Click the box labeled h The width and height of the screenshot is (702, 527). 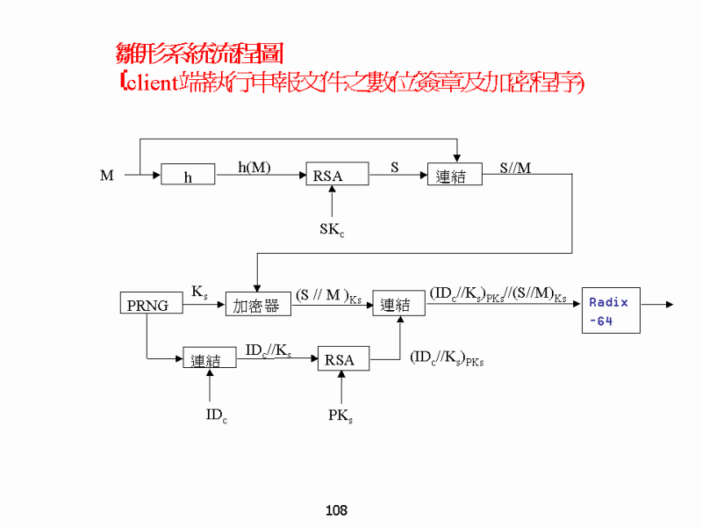click(188, 176)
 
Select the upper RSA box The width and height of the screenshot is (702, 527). click(337, 176)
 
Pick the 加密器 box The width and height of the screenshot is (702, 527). click(257, 305)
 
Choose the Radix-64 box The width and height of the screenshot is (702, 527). click(611, 311)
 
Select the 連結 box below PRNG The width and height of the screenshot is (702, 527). click(210, 359)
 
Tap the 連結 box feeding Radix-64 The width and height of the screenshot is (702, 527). click(398, 304)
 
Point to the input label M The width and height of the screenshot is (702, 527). click(107, 176)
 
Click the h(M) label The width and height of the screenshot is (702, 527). click(254, 167)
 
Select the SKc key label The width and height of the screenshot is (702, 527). click(331, 230)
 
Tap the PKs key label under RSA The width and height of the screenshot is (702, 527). click(340, 415)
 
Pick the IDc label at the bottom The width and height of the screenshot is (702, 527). click(216, 415)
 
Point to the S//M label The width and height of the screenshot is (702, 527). click(515, 167)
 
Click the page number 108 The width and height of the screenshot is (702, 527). click(336, 510)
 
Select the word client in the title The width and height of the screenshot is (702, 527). click(149, 83)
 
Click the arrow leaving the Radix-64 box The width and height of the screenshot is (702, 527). click(658, 305)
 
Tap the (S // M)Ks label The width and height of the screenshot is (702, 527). click(328, 296)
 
